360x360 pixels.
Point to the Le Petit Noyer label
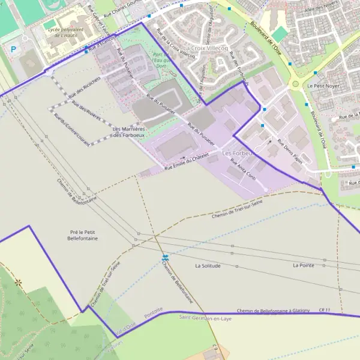click(324, 86)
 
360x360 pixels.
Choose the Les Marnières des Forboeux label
click(129, 131)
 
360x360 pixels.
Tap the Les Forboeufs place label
click(238, 153)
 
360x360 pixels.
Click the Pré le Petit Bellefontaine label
click(83, 235)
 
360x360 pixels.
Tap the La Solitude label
click(208, 265)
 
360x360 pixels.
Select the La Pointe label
click(304, 265)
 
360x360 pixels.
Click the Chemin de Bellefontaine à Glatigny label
click(273, 310)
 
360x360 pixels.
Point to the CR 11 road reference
click(325, 310)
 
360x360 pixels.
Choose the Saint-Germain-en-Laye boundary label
click(206, 318)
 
